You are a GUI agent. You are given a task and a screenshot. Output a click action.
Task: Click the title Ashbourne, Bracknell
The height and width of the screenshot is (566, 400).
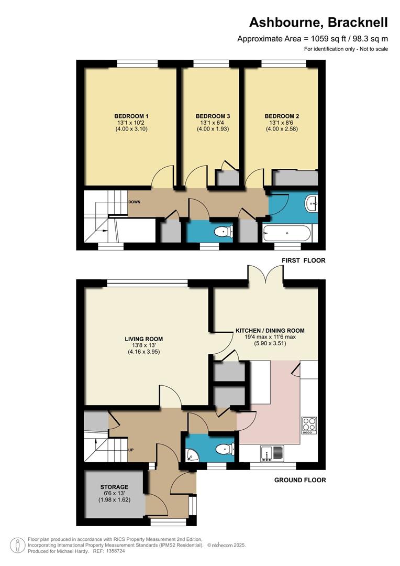[318, 23]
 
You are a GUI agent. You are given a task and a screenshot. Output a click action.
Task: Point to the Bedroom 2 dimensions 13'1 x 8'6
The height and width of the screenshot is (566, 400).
[281, 123]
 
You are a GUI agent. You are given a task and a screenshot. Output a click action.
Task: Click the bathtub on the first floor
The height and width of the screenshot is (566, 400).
[287, 232]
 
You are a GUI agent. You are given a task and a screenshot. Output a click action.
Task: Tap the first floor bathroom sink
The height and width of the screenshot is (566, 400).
[312, 202]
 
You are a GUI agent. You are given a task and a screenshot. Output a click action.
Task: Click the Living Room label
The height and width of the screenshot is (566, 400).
[143, 339]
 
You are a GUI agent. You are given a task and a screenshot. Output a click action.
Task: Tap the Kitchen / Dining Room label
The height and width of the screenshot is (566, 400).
[270, 331]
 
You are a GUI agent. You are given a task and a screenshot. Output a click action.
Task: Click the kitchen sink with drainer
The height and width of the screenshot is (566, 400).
[273, 451]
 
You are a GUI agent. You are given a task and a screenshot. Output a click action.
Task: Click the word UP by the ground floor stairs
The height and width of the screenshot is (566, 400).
[131, 450]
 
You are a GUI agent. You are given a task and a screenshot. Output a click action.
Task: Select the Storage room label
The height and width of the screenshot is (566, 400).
[115, 487]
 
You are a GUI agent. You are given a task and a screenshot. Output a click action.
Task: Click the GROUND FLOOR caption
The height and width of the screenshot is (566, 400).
[301, 480]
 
